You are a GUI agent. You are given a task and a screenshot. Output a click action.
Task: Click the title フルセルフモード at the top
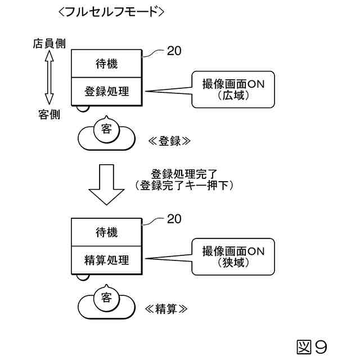tap(111, 12)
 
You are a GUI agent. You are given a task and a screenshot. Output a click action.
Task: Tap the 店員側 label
tap(49, 44)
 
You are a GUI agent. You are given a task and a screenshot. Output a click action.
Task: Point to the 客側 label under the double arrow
tap(49, 115)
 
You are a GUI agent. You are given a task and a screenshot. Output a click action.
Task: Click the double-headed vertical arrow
tap(49, 78)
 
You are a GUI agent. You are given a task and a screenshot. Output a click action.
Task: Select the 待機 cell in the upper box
tap(106, 64)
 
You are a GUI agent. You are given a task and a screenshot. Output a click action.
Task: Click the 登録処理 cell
tap(106, 92)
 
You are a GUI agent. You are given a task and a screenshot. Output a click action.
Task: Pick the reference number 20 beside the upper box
tap(174, 51)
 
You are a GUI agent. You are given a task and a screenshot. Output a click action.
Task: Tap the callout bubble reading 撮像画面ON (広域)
tap(233, 89)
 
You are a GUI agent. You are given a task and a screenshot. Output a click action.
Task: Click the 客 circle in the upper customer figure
tap(106, 130)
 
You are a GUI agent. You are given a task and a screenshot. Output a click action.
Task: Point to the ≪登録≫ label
tap(169, 141)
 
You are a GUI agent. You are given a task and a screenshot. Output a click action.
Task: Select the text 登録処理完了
tap(184, 174)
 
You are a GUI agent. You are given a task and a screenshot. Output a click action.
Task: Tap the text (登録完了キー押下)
tap(184, 185)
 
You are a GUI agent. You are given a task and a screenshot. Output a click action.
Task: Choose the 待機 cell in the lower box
tap(106, 232)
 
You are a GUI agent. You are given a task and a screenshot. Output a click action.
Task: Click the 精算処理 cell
tap(106, 260)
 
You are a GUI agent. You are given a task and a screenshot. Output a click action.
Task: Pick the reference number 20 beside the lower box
tap(174, 219)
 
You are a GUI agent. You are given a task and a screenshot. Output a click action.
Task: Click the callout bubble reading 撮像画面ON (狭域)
tap(233, 256)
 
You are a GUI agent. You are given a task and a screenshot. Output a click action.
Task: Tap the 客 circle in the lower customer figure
tap(106, 298)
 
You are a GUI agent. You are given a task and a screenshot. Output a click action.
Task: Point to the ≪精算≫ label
tap(166, 309)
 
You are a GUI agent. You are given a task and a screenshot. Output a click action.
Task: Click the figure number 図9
tap(312, 347)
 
